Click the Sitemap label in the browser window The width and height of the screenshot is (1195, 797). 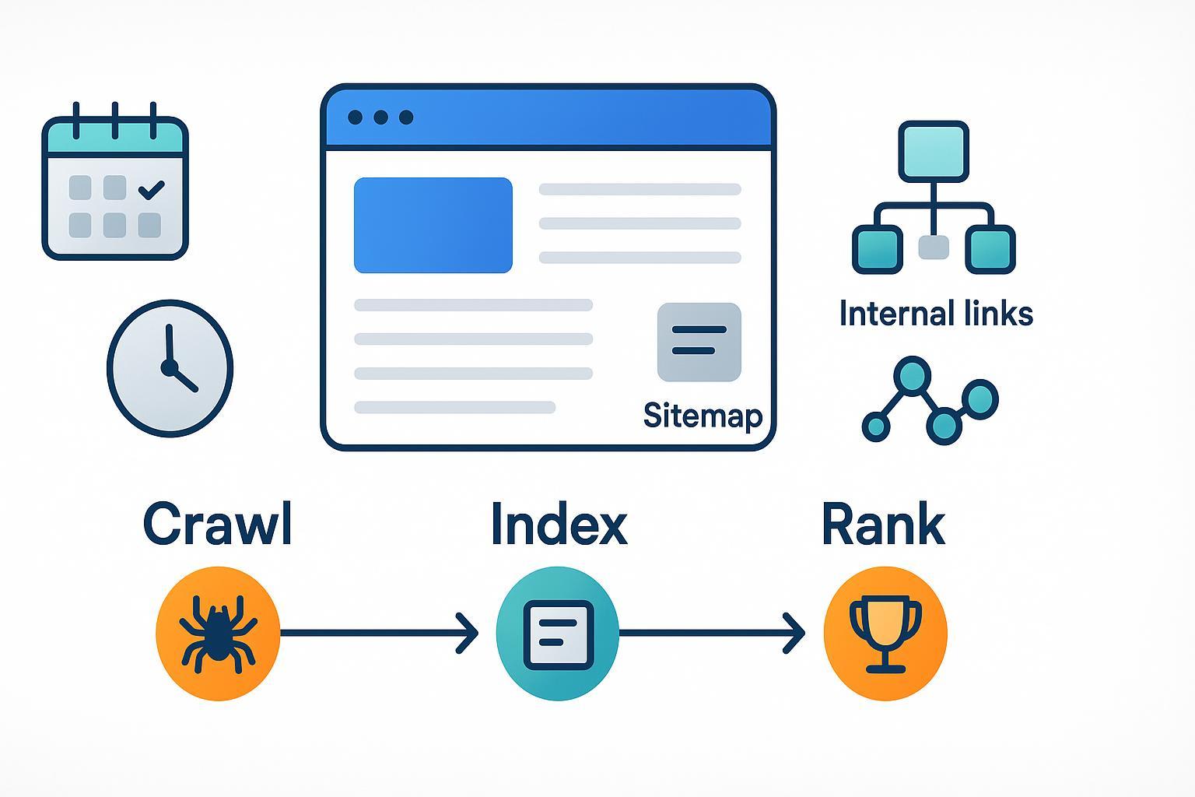703,416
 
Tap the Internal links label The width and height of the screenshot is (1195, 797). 936,314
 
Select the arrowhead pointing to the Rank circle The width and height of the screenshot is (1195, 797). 795,634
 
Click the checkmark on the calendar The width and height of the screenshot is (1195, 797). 150,188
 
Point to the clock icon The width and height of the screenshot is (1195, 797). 170,367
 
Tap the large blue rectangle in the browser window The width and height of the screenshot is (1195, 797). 433,225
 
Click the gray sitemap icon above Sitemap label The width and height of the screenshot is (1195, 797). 699,342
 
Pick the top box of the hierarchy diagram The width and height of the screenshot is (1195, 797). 934,151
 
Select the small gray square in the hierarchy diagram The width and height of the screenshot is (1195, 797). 934,248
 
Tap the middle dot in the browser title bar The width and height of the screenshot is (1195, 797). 380,118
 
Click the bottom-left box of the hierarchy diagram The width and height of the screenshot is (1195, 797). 878,249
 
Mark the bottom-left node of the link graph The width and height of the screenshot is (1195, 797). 877,427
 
